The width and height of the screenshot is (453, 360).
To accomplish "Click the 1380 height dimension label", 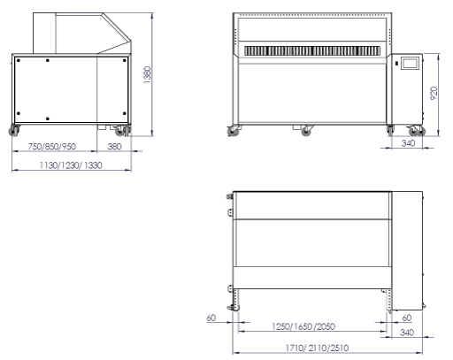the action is coord(148,75).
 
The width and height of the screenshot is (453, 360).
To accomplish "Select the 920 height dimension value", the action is coord(434,93).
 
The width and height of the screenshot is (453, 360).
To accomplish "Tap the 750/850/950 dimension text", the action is coord(52,146).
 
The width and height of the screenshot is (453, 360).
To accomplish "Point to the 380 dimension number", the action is coord(114,146).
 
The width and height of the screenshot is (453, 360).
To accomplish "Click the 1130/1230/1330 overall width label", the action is coord(71,165).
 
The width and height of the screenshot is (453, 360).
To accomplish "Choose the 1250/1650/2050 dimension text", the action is coord(303,326).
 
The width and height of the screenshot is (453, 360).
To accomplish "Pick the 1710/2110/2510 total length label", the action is coord(317,348).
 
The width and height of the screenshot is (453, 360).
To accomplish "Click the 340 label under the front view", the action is coord(408,143).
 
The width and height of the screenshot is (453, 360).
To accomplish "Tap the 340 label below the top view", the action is coord(407,333).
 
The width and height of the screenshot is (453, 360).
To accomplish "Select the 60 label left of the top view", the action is coord(211,318).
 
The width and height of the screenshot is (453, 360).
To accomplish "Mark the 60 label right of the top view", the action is coord(407,318).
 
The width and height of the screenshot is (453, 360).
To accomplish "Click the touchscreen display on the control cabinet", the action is coord(410,64).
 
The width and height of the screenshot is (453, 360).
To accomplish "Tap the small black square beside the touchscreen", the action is coord(396,63).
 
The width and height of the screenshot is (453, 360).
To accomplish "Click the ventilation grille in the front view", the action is coord(312,50).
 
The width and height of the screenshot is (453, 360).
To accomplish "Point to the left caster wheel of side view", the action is coord(14,131).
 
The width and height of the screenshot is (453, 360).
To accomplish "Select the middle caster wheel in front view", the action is coord(306,131).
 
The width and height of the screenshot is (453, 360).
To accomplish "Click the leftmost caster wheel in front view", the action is coord(233,131).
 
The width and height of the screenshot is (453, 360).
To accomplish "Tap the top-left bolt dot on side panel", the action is coord(19,60).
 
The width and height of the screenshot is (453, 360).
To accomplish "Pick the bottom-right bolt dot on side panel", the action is coord(124,113).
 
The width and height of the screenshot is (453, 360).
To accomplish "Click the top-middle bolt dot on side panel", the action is coord(48,60).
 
